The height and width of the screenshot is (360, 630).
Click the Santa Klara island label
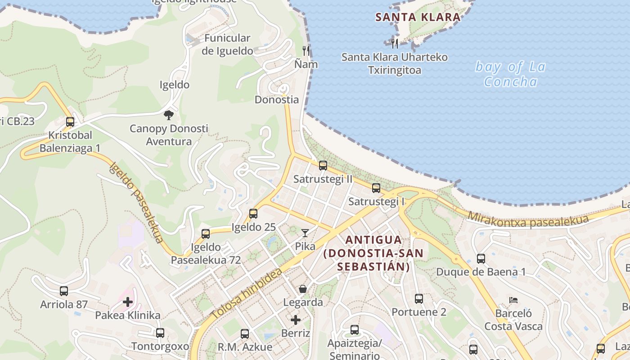point(418,18)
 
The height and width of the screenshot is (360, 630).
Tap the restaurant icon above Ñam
point(306,50)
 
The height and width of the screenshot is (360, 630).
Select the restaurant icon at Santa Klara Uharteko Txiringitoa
point(395,43)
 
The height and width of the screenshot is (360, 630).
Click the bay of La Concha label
point(510,74)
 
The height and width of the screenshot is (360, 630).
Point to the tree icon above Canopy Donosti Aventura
point(169,115)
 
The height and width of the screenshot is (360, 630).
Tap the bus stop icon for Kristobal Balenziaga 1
point(70,121)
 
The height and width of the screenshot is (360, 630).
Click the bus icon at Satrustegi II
point(323,165)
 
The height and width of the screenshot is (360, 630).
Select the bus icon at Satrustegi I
point(376,188)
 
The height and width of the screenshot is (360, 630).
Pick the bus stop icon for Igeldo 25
point(253,213)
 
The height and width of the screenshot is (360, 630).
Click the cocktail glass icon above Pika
point(305,233)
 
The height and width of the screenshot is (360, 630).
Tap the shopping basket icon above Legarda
point(303,288)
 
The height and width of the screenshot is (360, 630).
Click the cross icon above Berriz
point(295,320)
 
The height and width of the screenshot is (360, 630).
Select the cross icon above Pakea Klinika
point(128,301)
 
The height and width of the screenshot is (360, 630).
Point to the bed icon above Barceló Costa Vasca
point(513,300)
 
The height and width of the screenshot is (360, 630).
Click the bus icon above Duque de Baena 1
point(481,258)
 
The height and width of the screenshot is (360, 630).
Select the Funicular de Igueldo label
point(227,44)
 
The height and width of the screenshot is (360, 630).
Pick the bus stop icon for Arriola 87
point(64,291)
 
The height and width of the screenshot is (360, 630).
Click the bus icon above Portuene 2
point(418,298)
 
